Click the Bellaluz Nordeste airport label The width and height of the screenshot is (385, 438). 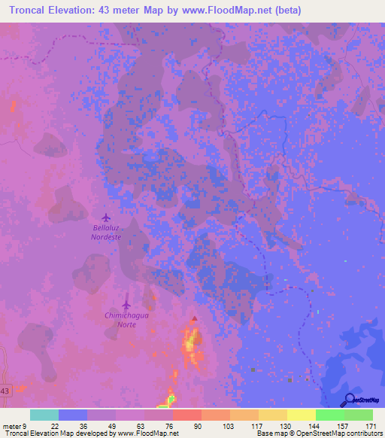click(x=106, y=231)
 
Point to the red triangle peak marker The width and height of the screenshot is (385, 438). click(x=195, y=319)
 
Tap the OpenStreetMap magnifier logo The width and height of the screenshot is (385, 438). click(x=350, y=400)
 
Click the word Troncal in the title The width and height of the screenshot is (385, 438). click(x=33, y=11)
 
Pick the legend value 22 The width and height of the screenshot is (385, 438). click(x=55, y=426)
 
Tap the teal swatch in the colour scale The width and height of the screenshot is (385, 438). click(x=44, y=415)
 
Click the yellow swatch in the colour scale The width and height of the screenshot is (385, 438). click(x=301, y=415)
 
